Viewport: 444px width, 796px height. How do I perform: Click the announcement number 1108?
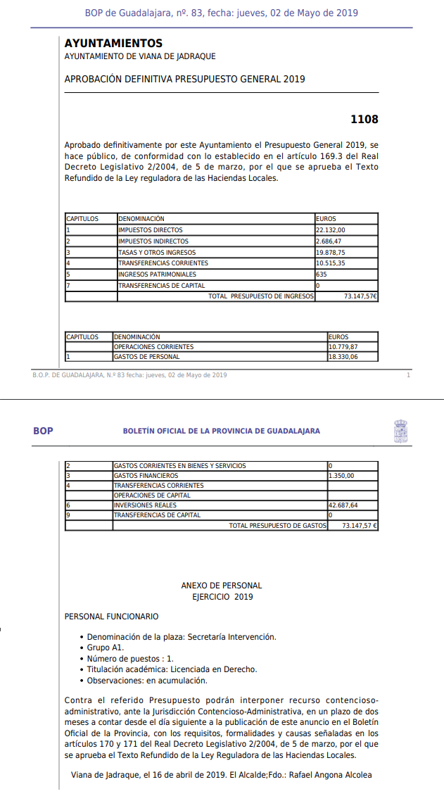tap(364, 120)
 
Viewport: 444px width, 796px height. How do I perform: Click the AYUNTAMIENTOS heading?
tap(113, 44)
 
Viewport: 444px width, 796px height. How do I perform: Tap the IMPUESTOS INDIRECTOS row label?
tap(153, 241)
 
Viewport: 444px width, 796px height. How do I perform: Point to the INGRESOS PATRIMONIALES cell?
tap(157, 274)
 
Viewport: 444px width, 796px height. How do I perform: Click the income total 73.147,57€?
tap(360, 296)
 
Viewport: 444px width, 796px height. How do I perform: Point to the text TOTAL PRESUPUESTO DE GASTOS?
tap(277, 525)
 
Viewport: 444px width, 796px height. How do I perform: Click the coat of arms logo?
tap(400, 431)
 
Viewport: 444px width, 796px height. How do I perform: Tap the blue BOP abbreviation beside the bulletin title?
tap(43, 431)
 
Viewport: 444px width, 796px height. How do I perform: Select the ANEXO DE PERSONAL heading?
tap(221, 586)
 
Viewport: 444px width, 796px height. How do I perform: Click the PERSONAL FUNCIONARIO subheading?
tap(111, 617)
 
